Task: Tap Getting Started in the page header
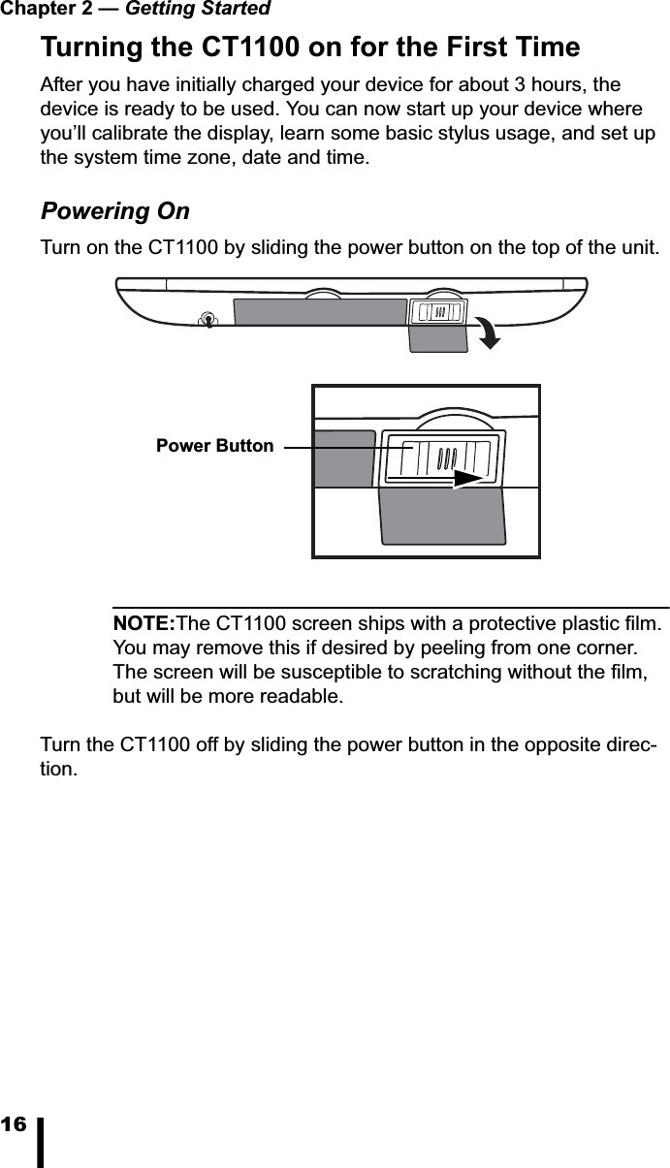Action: pyautogui.click(x=198, y=10)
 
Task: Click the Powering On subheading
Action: pyautogui.click(x=114, y=211)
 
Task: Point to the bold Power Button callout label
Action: pyautogui.click(x=214, y=446)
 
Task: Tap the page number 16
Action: pyautogui.click(x=14, y=1125)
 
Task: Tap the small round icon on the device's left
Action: pyautogui.click(x=207, y=320)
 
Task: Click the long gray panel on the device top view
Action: pyautogui.click(x=319, y=312)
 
